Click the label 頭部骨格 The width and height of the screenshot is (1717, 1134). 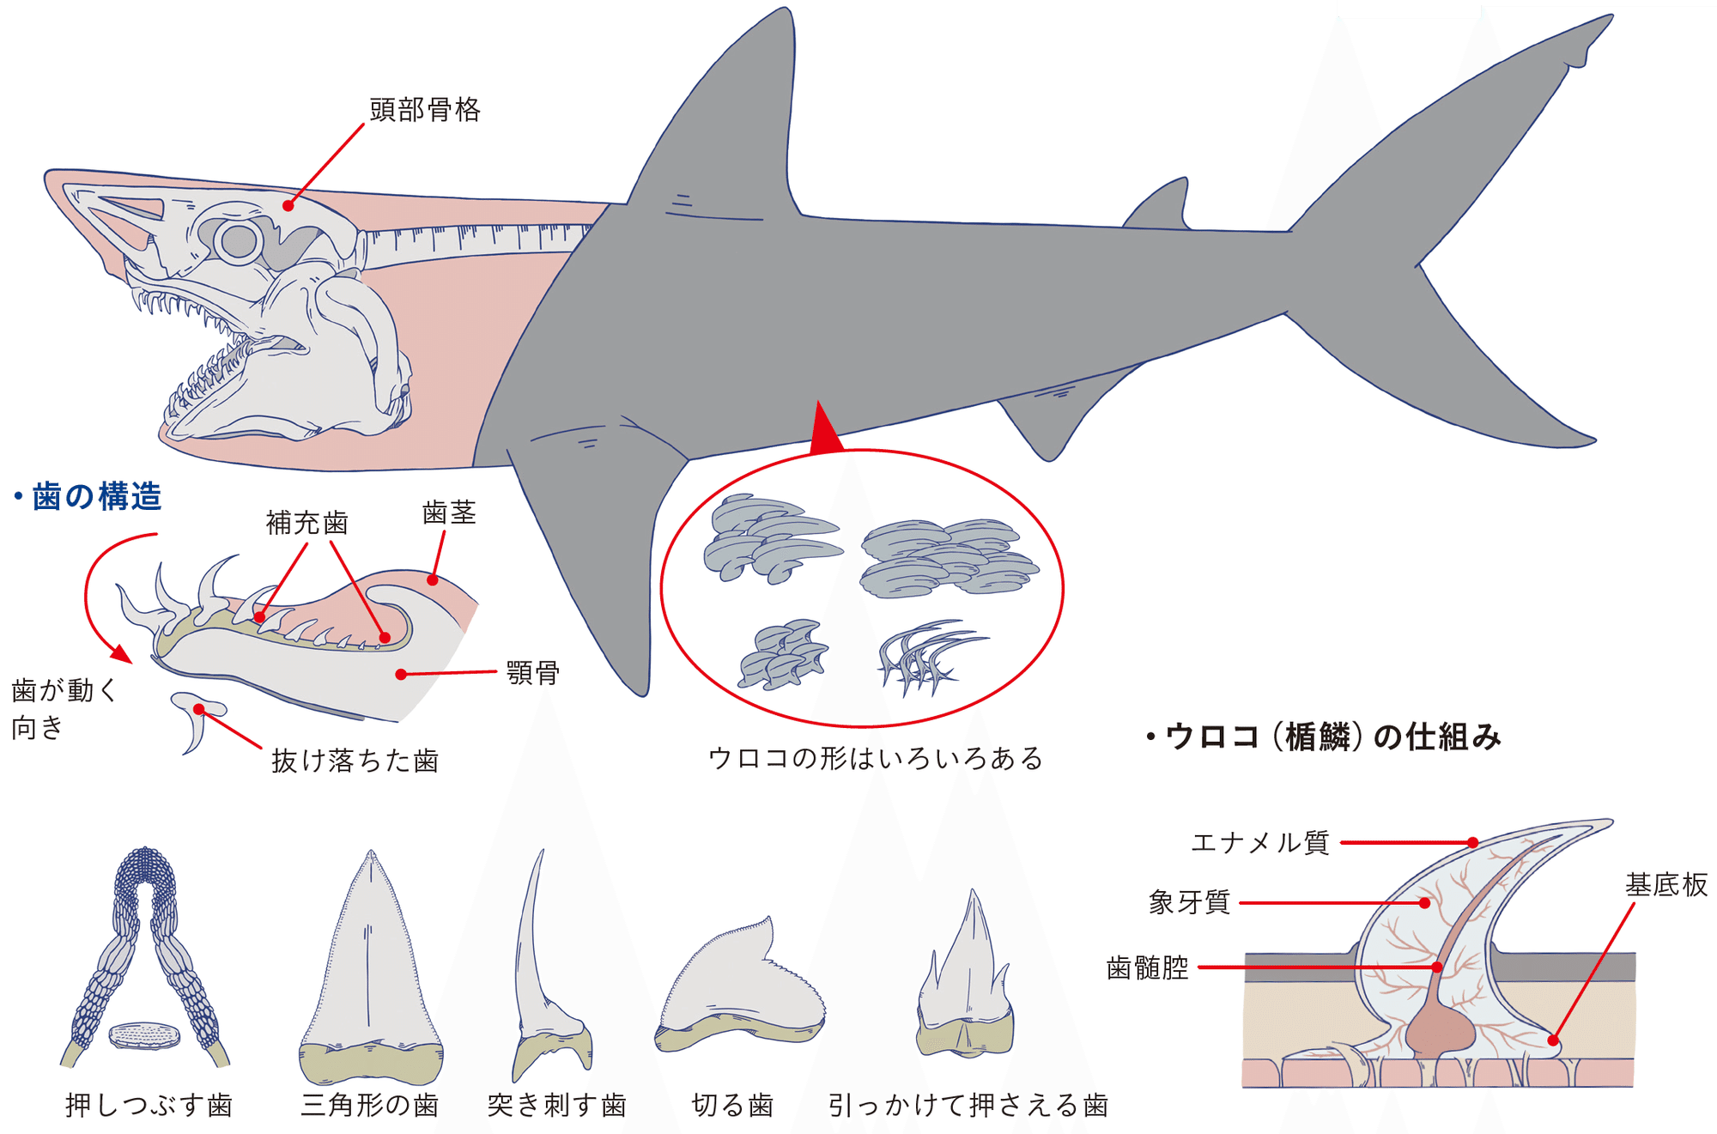[x=425, y=110]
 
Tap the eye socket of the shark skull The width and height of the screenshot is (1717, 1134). [x=239, y=240]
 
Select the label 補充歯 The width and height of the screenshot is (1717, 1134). [x=307, y=523]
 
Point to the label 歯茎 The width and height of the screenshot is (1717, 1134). [x=450, y=513]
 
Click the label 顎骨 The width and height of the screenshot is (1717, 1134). [x=533, y=672]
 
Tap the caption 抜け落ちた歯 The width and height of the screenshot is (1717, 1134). [x=355, y=761]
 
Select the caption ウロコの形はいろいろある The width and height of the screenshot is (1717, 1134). [x=876, y=759]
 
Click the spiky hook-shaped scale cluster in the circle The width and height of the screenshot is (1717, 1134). [x=931, y=658]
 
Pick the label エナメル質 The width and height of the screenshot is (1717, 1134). [x=1260, y=843]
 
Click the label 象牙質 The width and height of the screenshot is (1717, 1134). [x=1190, y=902]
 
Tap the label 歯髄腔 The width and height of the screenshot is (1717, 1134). [x=1148, y=967]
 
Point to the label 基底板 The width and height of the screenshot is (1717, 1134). [x=1666, y=885]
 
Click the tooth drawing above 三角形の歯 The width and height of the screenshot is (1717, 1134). [x=371, y=967]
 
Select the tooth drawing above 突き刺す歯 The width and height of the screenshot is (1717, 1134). [x=549, y=966]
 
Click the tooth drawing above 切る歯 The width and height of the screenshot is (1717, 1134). [x=739, y=984]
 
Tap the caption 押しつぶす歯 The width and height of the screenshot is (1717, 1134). [x=149, y=1105]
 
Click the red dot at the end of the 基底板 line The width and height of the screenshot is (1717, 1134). [x=1553, y=1040]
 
